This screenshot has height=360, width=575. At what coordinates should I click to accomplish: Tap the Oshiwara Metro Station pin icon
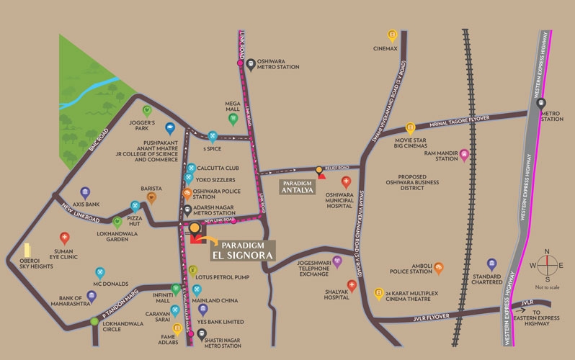(x=249, y=63)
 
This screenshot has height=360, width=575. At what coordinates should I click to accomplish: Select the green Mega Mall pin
(x=233, y=119)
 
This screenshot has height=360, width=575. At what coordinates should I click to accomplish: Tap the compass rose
(x=546, y=265)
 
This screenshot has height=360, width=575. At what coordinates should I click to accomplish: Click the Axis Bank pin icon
(x=85, y=193)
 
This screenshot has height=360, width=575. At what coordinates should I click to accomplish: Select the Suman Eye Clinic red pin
(x=65, y=238)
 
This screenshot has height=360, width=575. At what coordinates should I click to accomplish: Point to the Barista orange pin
(x=151, y=197)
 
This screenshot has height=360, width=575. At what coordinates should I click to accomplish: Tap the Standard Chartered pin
(x=492, y=264)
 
